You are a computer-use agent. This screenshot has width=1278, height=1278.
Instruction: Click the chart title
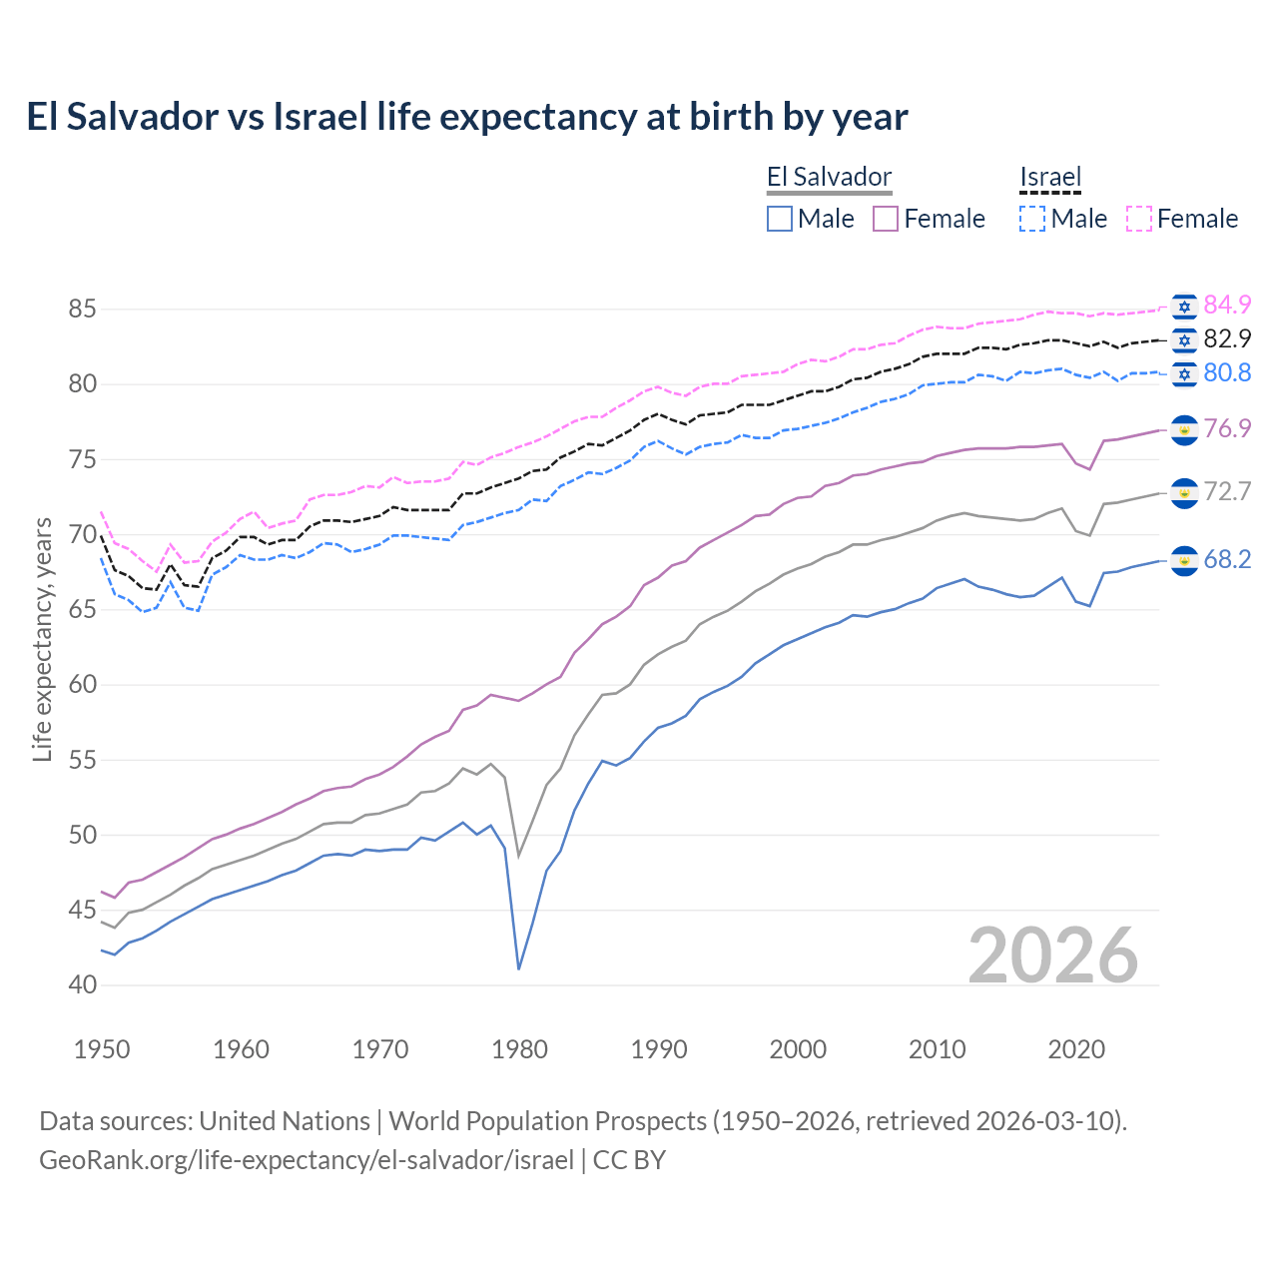(467, 117)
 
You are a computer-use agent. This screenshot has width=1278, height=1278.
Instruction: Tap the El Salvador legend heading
(829, 178)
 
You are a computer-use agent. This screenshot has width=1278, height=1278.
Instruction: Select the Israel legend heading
(1050, 178)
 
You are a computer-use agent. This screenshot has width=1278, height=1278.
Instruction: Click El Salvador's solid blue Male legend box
(780, 219)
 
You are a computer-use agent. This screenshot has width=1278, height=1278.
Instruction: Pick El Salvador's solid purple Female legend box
(886, 219)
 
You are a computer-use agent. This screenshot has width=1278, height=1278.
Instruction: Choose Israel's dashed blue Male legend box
(1032, 219)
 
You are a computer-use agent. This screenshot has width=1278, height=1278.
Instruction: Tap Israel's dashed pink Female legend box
(1139, 219)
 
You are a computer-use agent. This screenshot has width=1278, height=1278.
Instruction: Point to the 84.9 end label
(1227, 305)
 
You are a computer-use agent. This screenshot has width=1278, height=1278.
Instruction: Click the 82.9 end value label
(1227, 338)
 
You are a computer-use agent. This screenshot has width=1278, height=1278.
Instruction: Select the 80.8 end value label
(1227, 372)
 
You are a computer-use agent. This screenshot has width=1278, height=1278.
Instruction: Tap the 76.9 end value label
(1227, 428)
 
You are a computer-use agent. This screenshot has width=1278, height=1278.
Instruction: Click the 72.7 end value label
(1227, 491)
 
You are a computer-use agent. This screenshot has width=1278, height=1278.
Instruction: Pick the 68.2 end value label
(1227, 559)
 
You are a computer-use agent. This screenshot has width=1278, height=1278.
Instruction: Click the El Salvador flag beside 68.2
(1184, 561)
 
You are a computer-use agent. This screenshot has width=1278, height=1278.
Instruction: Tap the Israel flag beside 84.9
(1185, 307)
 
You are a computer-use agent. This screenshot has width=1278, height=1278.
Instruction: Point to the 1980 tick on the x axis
(520, 1049)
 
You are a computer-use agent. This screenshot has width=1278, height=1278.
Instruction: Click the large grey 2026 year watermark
(1053, 956)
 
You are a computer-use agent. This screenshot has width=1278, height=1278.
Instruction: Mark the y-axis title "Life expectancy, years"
(43, 639)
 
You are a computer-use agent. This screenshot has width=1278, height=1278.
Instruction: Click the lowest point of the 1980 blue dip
(519, 968)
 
